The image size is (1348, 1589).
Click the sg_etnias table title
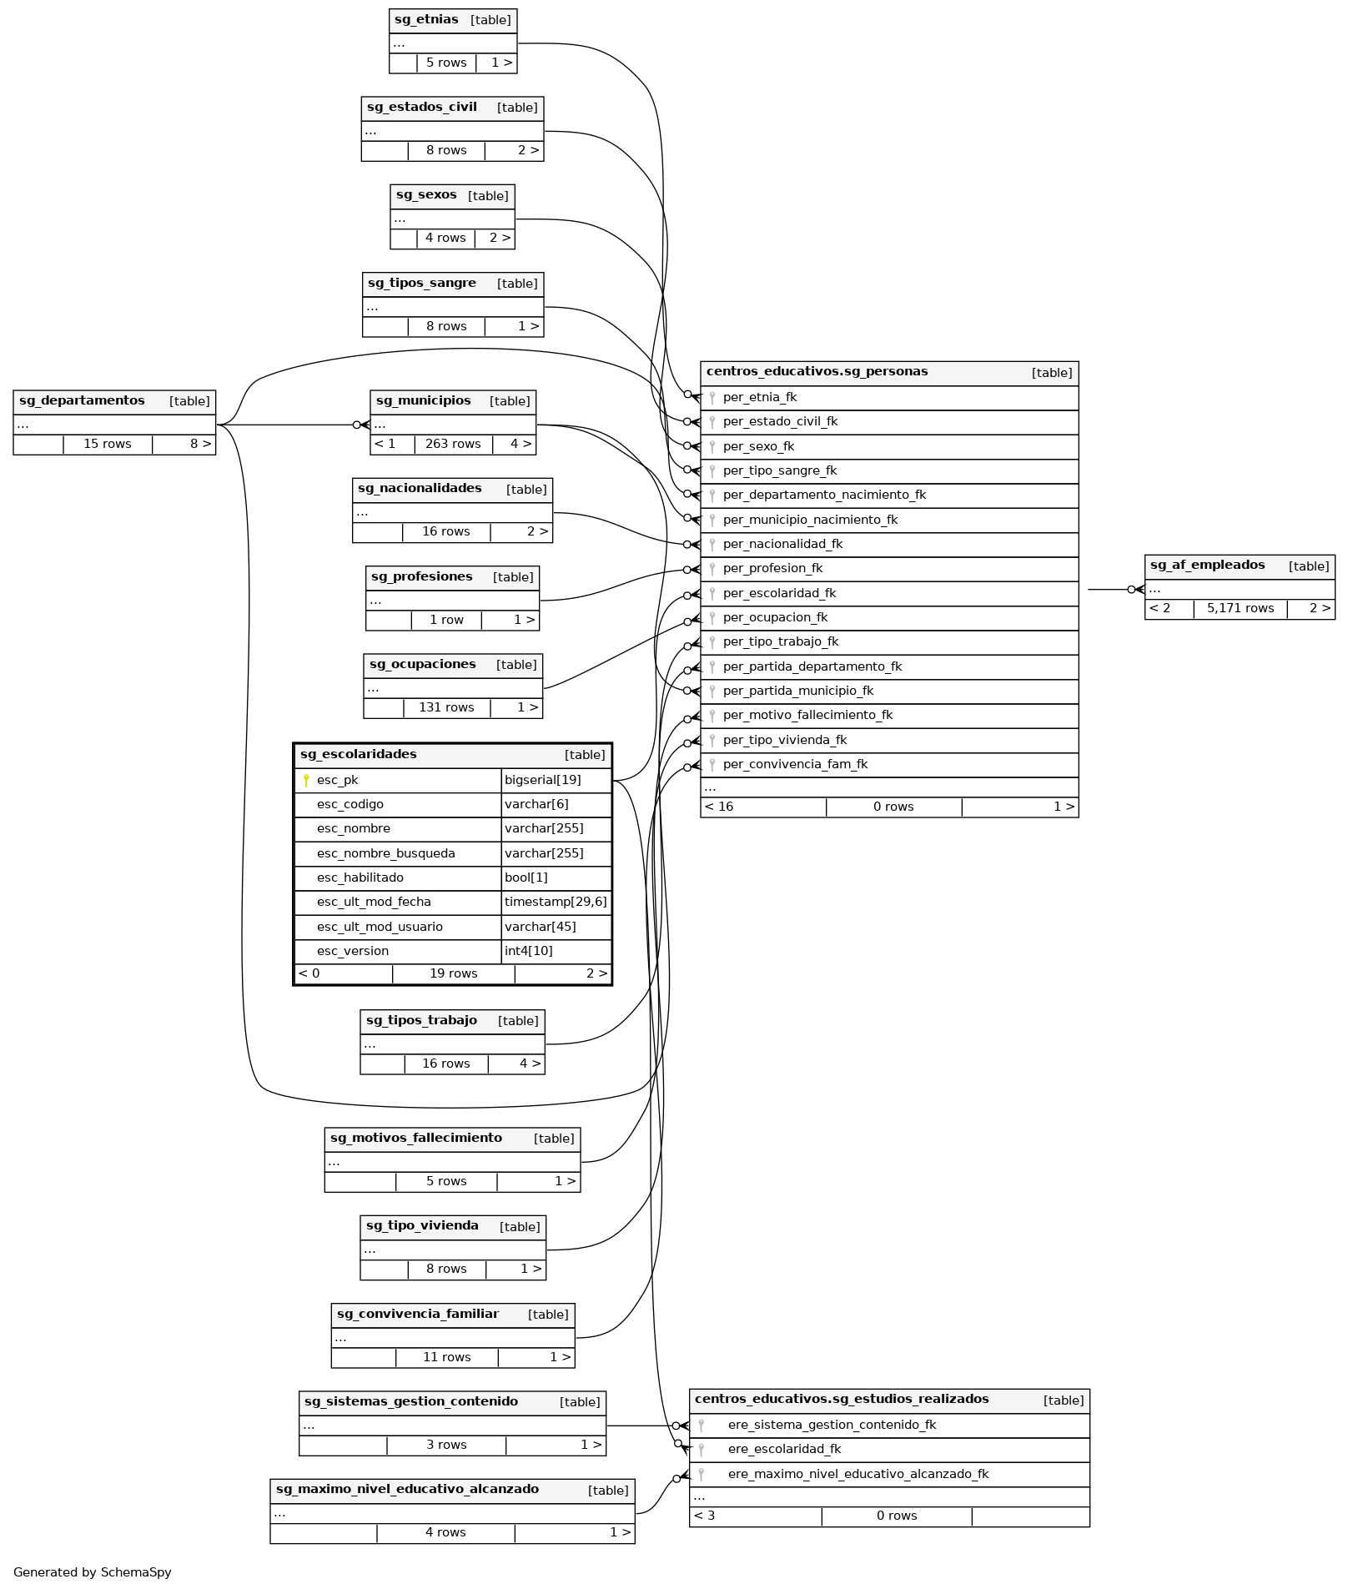click(426, 20)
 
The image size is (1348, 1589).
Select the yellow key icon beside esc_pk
click(306, 781)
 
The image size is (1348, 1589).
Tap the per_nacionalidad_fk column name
click(782, 545)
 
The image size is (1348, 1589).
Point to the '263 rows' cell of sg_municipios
click(453, 445)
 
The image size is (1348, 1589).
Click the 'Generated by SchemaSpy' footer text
click(93, 1572)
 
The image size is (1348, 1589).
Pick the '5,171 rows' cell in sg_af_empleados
click(1240, 609)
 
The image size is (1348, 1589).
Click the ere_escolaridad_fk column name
click(784, 1450)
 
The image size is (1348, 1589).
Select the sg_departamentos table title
click(82, 401)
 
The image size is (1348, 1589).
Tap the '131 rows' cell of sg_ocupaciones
click(446, 708)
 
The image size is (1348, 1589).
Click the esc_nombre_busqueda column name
click(386, 854)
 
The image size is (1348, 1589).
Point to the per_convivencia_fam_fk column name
click(795, 765)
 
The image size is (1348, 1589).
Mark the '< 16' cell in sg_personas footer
click(719, 807)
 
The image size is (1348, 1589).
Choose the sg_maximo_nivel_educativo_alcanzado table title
click(407, 1490)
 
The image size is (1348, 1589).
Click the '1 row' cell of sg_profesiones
click(446, 621)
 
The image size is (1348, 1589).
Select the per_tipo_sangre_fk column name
click(780, 471)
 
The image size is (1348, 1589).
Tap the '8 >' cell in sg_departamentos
click(200, 445)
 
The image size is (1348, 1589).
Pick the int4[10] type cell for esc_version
click(529, 952)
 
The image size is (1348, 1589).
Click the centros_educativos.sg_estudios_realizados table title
click(842, 1400)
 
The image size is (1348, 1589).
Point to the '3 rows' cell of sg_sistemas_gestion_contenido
click(446, 1446)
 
